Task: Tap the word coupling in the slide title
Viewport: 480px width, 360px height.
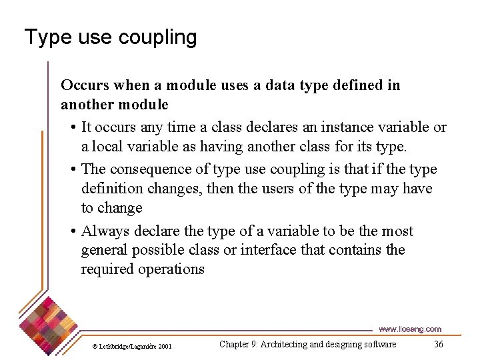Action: (x=159, y=38)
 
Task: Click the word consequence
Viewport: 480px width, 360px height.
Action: (x=141, y=170)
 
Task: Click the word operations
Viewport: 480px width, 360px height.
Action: (x=171, y=269)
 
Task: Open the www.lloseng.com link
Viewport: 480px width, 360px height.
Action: (x=409, y=329)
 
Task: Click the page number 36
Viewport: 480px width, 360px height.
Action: (x=438, y=344)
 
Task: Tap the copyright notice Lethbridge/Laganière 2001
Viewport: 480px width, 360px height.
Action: (x=131, y=346)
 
